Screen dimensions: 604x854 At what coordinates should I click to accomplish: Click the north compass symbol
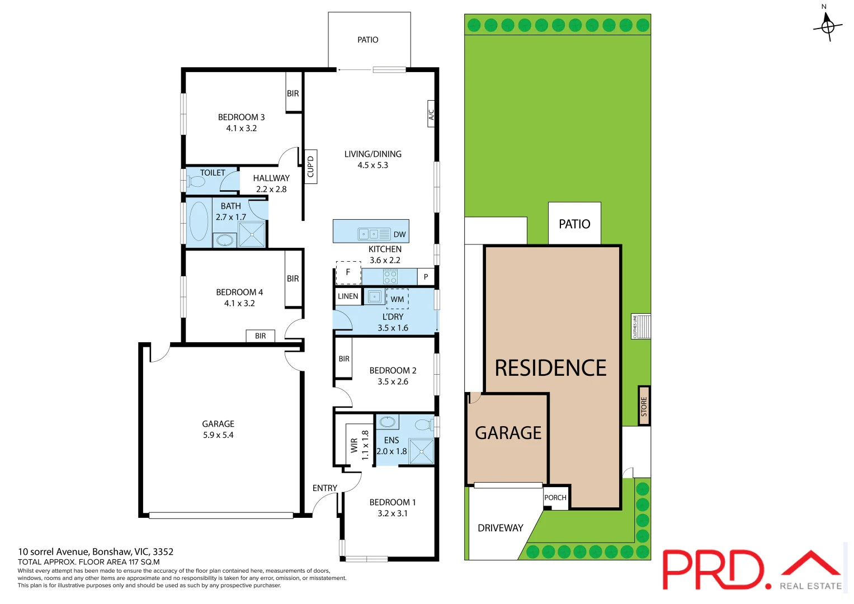pyautogui.click(x=827, y=25)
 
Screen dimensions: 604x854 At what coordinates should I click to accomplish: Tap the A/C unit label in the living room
pyautogui.click(x=431, y=114)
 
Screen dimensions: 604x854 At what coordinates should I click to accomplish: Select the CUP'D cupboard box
pyautogui.click(x=311, y=166)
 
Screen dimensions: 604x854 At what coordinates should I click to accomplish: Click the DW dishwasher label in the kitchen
pyautogui.click(x=399, y=234)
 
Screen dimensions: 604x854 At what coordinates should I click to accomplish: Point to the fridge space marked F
pyautogui.click(x=348, y=272)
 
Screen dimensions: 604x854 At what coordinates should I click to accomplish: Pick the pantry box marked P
pyautogui.click(x=426, y=277)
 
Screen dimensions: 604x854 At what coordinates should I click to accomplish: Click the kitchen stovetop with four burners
pyautogui.click(x=390, y=276)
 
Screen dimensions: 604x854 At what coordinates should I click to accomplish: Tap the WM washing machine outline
pyautogui.click(x=397, y=299)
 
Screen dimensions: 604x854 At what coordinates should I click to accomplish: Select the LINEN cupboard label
pyautogui.click(x=348, y=296)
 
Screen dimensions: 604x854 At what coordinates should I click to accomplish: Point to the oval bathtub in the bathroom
pyautogui.click(x=199, y=221)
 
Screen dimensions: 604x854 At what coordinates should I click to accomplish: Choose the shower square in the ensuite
pyautogui.click(x=421, y=451)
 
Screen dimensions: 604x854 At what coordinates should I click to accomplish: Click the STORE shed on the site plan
pyautogui.click(x=644, y=406)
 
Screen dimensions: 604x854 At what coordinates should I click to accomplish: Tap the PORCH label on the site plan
pyautogui.click(x=555, y=498)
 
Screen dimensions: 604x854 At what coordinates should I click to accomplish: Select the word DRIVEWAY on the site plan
pyautogui.click(x=501, y=528)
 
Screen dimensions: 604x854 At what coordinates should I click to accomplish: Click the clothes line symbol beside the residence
pyautogui.click(x=641, y=326)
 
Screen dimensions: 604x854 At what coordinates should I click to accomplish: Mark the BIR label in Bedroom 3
pyautogui.click(x=293, y=93)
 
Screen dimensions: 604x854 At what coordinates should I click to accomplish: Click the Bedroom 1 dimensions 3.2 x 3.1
pyautogui.click(x=393, y=513)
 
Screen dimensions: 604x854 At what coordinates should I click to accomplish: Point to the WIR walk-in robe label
pyautogui.click(x=354, y=445)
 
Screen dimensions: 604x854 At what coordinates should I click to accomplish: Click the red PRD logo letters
pyautogui.click(x=713, y=569)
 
